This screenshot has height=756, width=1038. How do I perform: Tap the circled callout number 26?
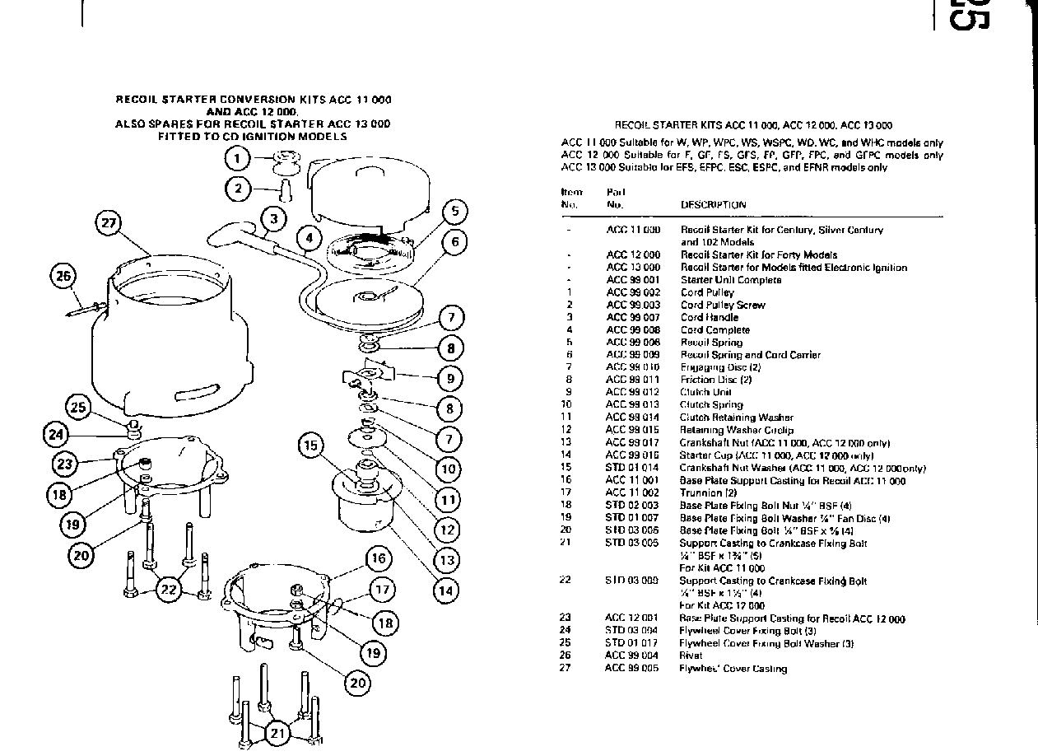63,276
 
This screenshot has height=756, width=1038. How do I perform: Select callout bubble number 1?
238,158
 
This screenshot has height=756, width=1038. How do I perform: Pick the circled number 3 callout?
273,218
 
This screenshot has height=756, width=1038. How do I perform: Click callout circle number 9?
450,379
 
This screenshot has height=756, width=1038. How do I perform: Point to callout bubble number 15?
311,446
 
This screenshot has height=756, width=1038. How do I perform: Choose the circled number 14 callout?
445,590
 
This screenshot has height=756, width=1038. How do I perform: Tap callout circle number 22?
168,589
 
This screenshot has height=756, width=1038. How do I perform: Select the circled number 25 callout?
78,407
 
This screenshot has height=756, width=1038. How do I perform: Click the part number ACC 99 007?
633,317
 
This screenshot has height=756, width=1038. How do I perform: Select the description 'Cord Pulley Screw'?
723,305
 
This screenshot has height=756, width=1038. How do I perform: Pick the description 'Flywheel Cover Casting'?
733,669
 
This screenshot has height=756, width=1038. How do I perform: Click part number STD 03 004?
632,631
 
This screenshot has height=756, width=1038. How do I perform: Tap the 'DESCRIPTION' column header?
713,205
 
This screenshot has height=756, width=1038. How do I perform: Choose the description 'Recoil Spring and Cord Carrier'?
750,355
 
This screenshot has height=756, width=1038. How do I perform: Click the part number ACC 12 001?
632,618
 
